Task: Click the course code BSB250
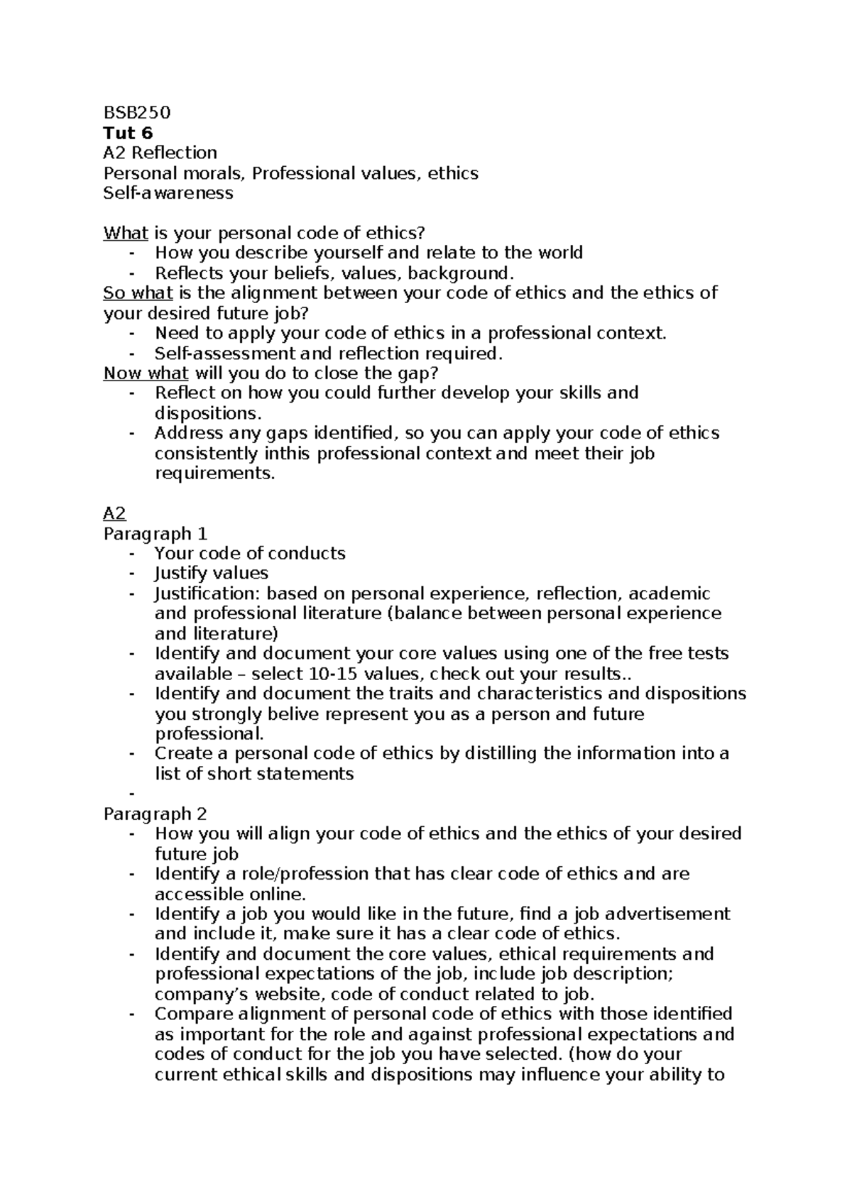tap(137, 113)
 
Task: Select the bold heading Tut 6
tap(128, 133)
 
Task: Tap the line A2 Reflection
tap(160, 153)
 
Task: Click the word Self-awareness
tap(168, 193)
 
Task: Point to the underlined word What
tap(126, 233)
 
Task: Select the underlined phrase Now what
tap(146, 373)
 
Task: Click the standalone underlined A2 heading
tap(114, 513)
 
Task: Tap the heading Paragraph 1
tap(155, 534)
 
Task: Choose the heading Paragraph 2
tap(155, 814)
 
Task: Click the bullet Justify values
tap(212, 574)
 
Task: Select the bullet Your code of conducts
tap(250, 554)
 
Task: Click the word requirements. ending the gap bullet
tap(214, 474)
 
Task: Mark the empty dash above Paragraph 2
tap(132, 794)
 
